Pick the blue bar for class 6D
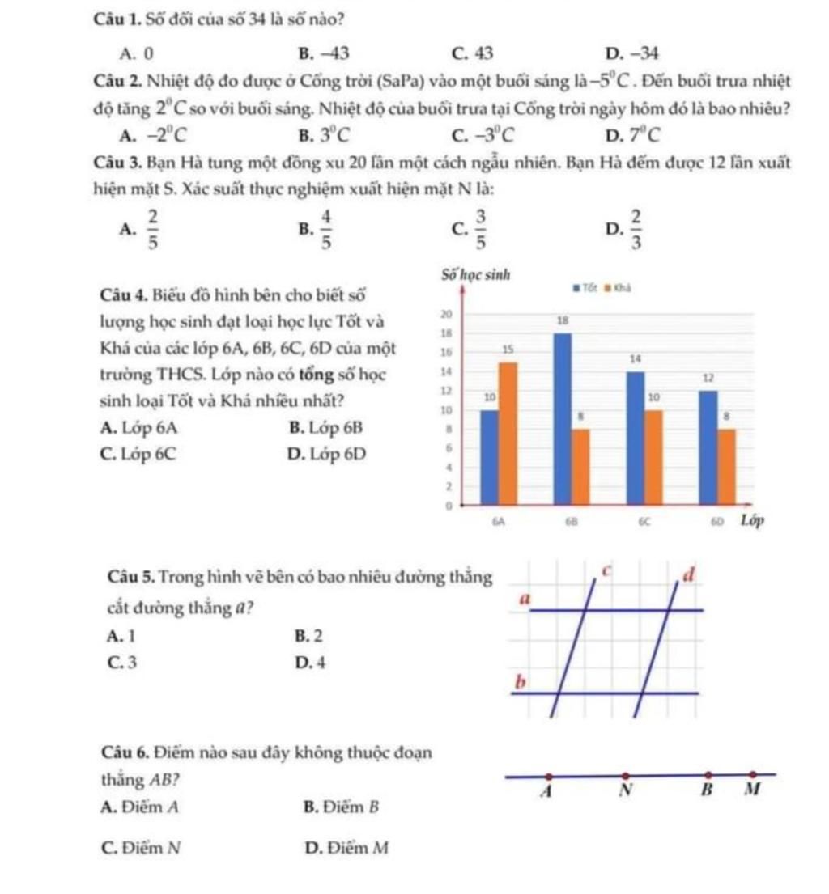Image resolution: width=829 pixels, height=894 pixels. pos(708,447)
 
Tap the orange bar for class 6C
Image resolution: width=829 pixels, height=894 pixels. pos(653,456)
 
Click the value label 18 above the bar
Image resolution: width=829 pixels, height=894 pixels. pos(563,321)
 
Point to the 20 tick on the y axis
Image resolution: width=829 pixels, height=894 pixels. pos(443,312)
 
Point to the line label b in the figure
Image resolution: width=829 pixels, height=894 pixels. pos(522,683)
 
